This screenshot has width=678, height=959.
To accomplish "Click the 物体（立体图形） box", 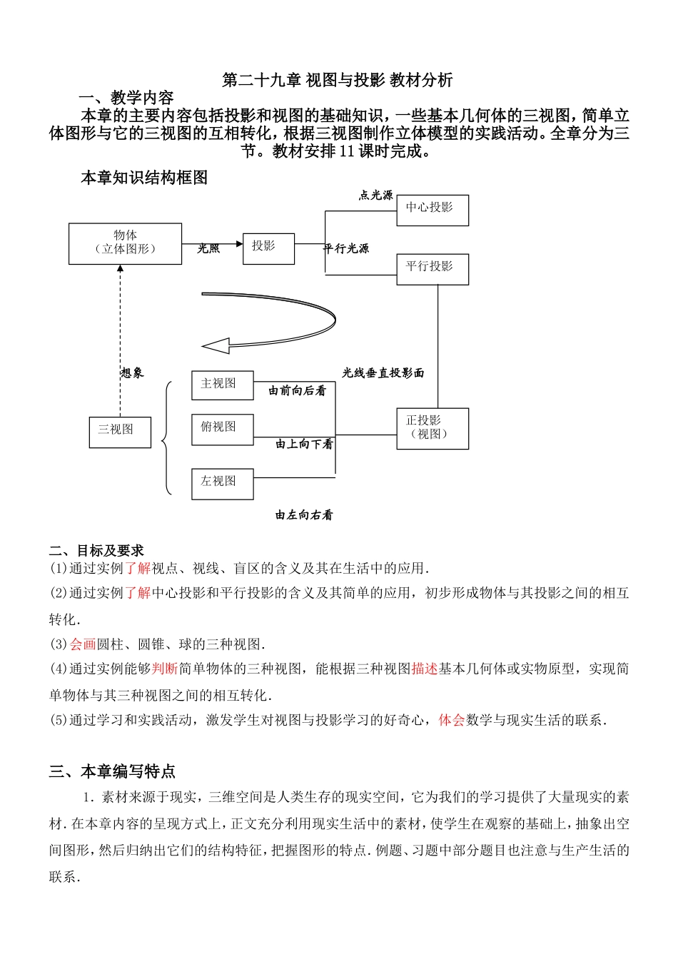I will tap(125, 243).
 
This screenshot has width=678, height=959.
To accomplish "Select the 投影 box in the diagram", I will tap(268, 248).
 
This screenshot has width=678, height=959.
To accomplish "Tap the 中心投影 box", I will tap(432, 210).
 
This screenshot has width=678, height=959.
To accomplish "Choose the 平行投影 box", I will tap(432, 269).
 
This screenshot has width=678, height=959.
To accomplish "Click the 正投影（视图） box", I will tap(432, 428).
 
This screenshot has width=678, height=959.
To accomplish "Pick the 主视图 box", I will tap(223, 385).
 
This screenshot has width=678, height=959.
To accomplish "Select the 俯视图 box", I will tap(223, 429).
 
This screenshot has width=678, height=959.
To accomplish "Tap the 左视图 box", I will tap(223, 483).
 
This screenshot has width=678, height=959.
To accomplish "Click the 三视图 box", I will tap(120, 432).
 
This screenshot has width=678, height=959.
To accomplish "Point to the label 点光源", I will tap(375, 196).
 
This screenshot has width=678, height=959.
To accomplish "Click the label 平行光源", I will tap(346, 249).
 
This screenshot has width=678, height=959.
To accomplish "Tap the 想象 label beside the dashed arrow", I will tap(132, 372).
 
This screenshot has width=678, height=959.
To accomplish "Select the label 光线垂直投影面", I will tap(383, 373).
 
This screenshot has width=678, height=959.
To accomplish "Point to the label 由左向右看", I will tap(304, 515).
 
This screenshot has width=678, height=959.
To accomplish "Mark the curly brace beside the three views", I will tap(166, 437).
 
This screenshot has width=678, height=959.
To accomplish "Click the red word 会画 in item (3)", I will tap(83, 644).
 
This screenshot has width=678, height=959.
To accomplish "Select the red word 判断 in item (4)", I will tap(165, 669).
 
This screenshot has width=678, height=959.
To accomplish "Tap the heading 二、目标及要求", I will tap(96, 551).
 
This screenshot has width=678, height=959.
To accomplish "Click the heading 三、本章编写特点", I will tap(112, 771).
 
